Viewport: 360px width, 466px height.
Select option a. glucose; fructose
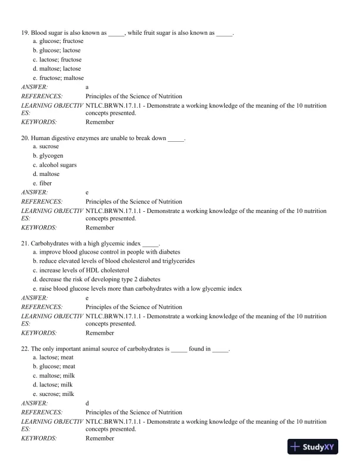tap(58, 42)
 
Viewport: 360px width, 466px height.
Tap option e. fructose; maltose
tap(58, 78)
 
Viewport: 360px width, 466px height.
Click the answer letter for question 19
tap(87, 86)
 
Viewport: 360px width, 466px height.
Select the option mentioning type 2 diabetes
tap(96, 279)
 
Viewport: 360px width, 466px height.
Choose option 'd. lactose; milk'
tap(53, 385)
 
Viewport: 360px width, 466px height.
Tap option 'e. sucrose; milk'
tap(54, 394)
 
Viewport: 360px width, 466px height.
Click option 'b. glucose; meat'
tap(54, 367)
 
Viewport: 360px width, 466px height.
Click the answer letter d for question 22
tap(88, 403)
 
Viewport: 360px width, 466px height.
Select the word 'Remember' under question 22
tap(100, 438)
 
